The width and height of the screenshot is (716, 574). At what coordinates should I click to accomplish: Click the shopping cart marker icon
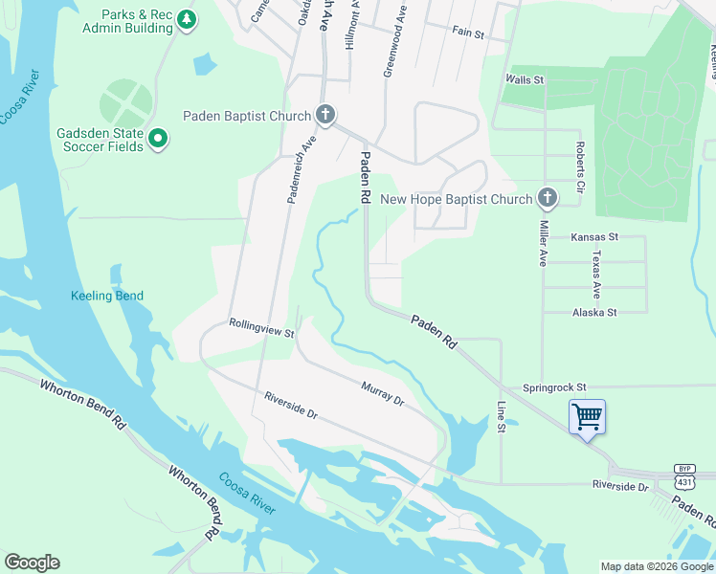point(586,416)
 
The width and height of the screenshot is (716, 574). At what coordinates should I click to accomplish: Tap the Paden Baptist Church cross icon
point(325,116)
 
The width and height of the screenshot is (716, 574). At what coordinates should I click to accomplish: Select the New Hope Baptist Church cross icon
point(547,199)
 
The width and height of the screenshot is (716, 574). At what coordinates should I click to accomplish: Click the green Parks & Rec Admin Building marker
point(187,20)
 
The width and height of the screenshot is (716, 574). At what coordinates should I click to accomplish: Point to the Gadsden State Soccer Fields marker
point(158,141)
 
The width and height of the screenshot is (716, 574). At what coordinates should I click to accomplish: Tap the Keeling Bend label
point(107,296)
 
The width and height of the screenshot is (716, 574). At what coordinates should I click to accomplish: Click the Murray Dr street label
point(382,392)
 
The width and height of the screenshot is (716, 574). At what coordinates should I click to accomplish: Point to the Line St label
point(500,416)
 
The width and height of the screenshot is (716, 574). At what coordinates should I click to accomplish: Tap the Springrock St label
point(554,387)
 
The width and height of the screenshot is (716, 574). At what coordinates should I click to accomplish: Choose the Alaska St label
point(594,312)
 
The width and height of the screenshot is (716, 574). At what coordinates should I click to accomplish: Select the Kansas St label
point(594,236)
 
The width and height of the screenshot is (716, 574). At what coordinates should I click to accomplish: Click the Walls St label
point(525,80)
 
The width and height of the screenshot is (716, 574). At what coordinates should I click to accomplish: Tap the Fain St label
point(469,32)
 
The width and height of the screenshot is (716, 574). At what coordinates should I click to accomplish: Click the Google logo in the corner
point(32,563)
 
